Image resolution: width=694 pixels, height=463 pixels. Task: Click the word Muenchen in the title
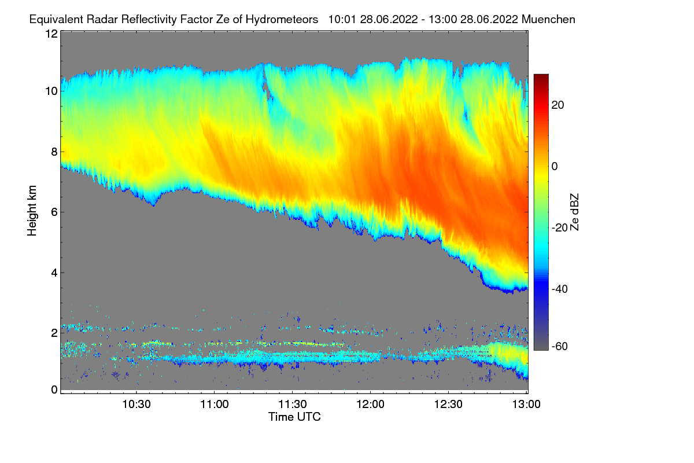[x=548, y=19]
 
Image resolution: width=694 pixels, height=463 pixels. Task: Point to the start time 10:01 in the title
[x=342, y=19]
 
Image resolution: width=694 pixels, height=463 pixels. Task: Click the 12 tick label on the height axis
[x=51, y=34]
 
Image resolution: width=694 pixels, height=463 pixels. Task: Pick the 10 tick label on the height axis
[x=51, y=91]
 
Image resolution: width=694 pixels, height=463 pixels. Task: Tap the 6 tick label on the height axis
[x=54, y=212]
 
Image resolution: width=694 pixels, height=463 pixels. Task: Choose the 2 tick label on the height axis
[x=54, y=333]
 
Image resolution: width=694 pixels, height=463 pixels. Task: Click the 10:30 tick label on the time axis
[x=136, y=404]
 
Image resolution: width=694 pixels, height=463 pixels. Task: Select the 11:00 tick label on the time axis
[x=215, y=404]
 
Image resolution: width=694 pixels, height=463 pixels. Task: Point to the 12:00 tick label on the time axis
[x=370, y=404]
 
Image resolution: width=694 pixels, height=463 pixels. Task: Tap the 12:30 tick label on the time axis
[x=448, y=404]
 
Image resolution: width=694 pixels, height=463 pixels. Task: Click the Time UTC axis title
[x=294, y=417]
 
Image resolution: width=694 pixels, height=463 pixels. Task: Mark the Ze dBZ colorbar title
[x=574, y=212]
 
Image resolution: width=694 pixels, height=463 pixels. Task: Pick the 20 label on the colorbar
[x=558, y=105]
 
